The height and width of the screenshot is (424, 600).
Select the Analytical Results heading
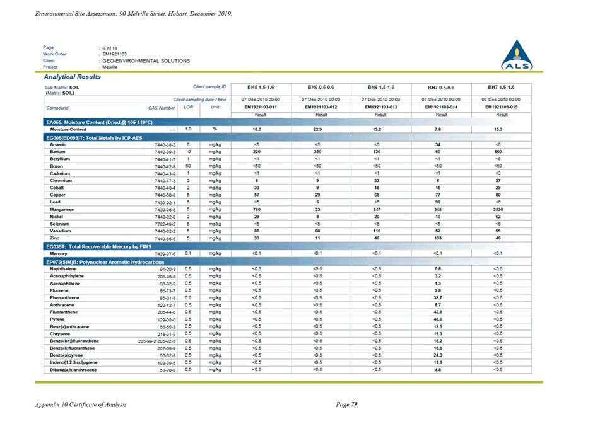coord(71,77)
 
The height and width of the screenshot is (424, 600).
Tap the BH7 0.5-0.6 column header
coord(440,87)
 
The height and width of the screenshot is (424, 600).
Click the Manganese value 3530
coord(502,209)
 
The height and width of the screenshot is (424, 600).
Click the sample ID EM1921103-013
coord(380,107)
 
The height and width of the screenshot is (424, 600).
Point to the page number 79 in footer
coord(355,404)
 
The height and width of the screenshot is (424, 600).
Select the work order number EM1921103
coord(115,54)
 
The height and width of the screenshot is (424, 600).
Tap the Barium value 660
coord(502,152)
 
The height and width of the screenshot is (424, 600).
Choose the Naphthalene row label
coord(63,269)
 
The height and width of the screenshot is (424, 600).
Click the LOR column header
coord(187,107)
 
